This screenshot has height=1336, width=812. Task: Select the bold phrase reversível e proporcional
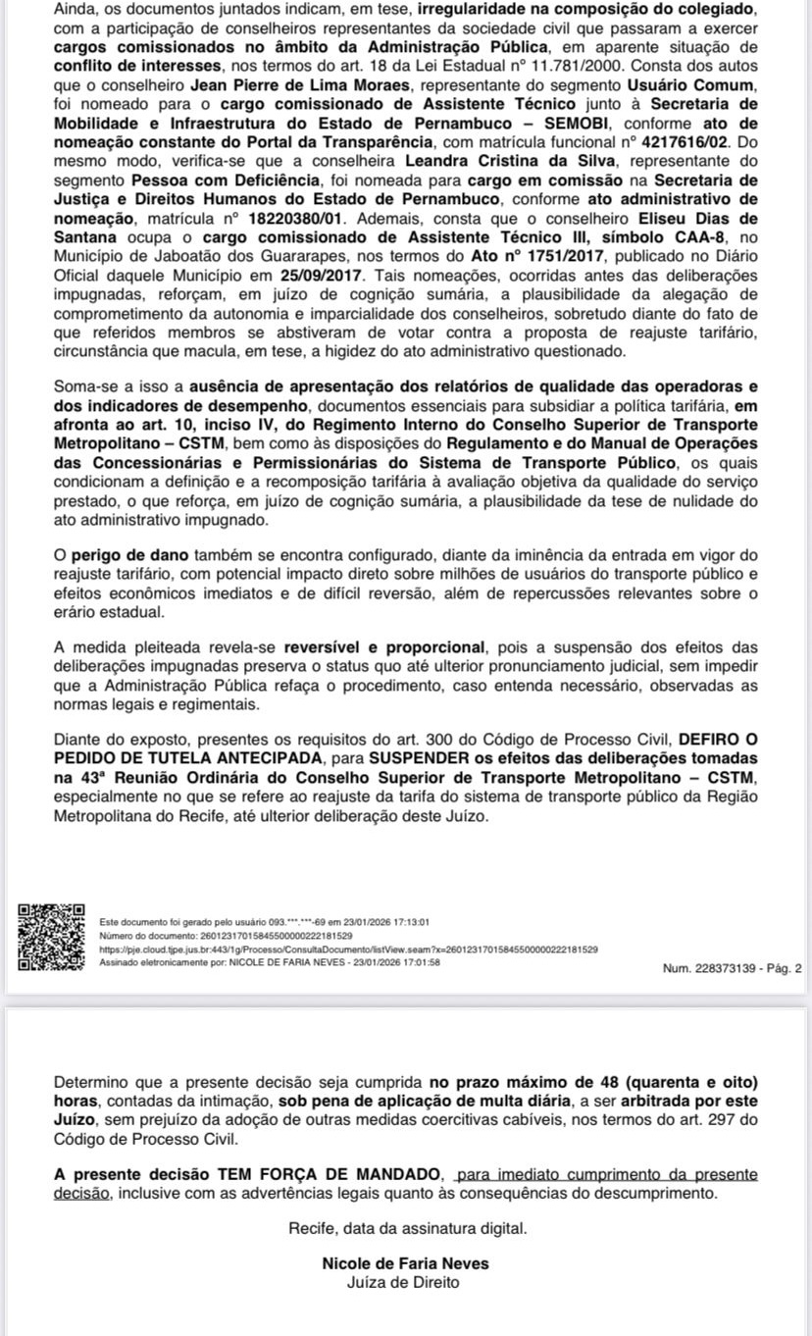[385, 648]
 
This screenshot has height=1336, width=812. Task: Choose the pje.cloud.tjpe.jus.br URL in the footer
[349, 950]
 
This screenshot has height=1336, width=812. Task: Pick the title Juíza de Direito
[405, 1282]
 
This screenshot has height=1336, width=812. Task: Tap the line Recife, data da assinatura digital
[407, 1228]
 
